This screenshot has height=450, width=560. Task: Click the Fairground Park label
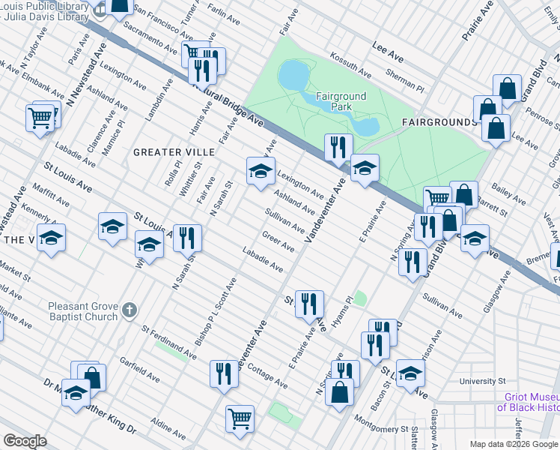pos(334,101)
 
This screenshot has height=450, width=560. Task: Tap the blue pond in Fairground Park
pos(293,75)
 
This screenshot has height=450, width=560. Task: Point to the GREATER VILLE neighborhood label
pos(174,152)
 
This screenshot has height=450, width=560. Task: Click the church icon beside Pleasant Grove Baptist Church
pos(130,310)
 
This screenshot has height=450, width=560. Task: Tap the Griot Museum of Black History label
pos(528,402)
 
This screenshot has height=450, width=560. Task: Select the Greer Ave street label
pos(278,241)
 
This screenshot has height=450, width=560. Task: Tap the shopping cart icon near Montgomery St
pos(240,417)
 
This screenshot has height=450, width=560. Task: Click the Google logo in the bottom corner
pos(25,441)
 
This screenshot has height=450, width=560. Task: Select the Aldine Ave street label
pos(168,429)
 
